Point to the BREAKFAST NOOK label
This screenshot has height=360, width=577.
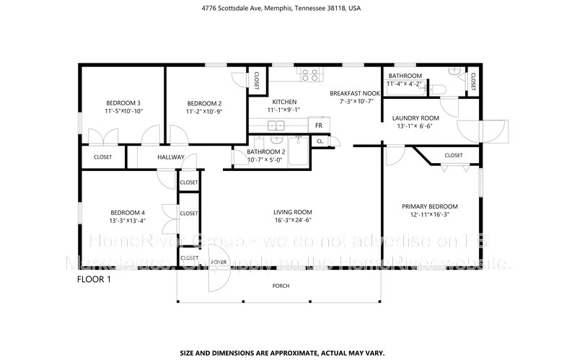pyautogui.click(x=355, y=93)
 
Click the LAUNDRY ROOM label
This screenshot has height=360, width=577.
pyautogui.click(x=415, y=118)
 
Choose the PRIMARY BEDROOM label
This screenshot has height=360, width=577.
pyautogui.click(x=430, y=206)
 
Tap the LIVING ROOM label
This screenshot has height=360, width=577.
pyautogui.click(x=292, y=212)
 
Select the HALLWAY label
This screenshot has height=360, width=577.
pyautogui.click(x=171, y=157)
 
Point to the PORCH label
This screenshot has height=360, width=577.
pyautogui.click(x=281, y=286)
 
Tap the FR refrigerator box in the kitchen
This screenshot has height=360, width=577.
pyautogui.click(x=318, y=126)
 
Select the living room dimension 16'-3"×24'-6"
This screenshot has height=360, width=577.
pyautogui.click(x=292, y=221)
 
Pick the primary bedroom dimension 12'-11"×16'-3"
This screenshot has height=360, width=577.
pyautogui.click(x=430, y=215)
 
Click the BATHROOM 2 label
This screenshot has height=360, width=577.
pyautogui.click(x=266, y=152)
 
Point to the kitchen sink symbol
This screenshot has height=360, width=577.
pyautogui.click(x=276, y=126)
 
